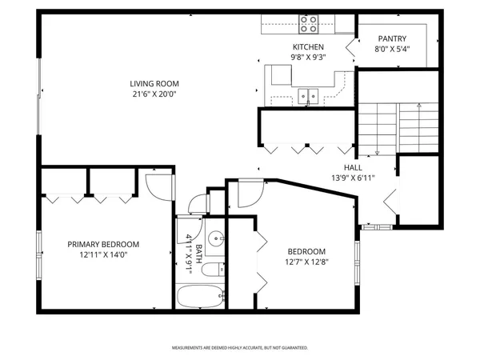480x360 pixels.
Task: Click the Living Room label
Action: point(154,83)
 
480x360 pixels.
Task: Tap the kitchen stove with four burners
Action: point(308,24)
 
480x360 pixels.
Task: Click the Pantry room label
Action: point(392,38)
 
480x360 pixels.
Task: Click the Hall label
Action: point(353,167)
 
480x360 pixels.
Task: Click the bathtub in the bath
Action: point(200,298)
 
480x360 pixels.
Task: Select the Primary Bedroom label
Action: point(103,245)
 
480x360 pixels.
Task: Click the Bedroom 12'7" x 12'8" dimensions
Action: point(306,261)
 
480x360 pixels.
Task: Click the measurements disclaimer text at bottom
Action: point(240,348)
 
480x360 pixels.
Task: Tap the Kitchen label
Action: point(307,47)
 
